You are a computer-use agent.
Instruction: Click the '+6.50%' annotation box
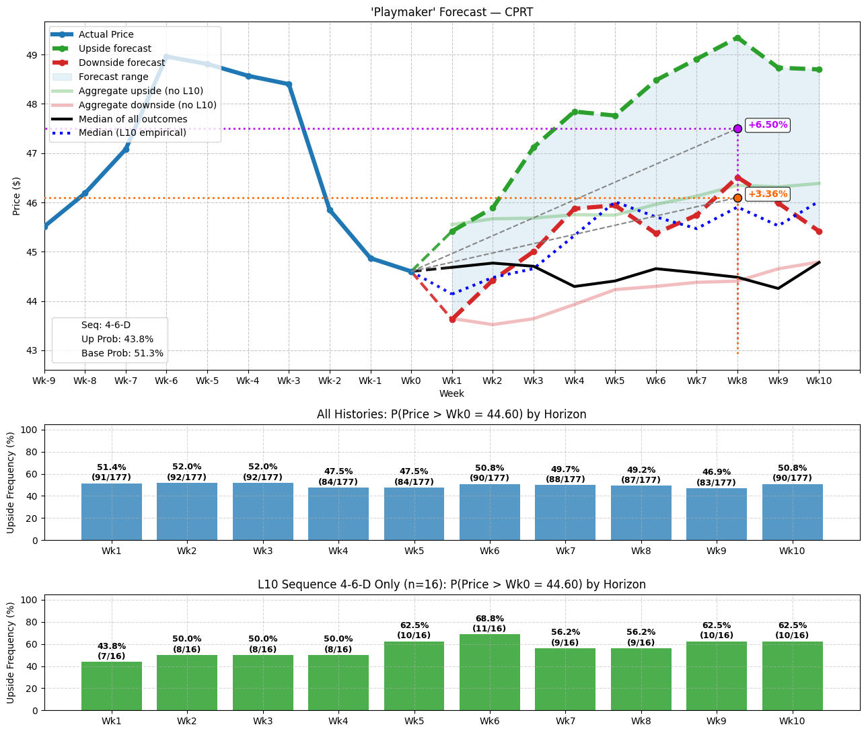(767, 125)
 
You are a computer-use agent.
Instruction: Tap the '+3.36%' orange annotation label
(767, 194)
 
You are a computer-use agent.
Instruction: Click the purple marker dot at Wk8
(737, 128)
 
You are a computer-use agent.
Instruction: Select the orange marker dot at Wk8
(737, 198)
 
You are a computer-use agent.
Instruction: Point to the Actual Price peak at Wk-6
(166, 56)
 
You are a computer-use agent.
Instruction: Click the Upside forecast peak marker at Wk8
(737, 38)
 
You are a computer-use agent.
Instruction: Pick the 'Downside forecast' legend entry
(121, 63)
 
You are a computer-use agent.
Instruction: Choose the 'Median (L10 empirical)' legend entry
(132, 133)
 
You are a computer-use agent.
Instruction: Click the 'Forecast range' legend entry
(113, 77)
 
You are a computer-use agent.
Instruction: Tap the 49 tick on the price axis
(34, 54)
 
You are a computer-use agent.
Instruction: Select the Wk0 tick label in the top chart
(411, 381)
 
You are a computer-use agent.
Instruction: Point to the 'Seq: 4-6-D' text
(106, 325)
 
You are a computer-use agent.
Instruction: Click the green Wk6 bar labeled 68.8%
(489, 672)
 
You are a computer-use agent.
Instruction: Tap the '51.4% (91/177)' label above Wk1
(112, 472)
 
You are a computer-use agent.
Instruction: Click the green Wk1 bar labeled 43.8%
(112, 686)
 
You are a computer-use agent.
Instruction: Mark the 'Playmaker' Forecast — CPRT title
(452, 12)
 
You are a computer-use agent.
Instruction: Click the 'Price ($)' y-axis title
(17, 196)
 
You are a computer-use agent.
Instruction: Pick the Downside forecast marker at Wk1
(452, 319)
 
